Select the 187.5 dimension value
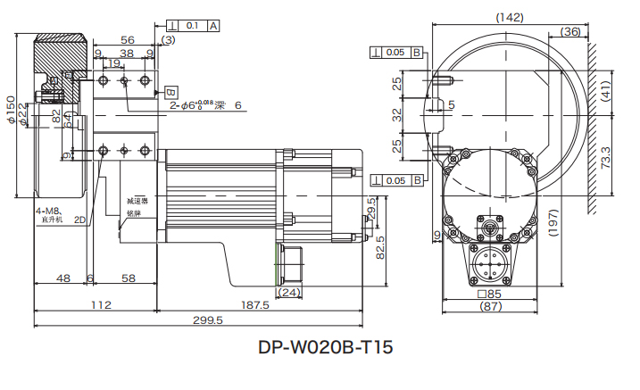coord(255,304)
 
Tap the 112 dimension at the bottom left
coord(100,304)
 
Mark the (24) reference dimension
coord(289,292)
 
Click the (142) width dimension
coord(509,17)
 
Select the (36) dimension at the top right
coord(570,31)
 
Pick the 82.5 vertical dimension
coord(379,245)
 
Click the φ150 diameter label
coord(12,110)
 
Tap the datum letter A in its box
coord(214,26)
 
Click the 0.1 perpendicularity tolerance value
coord(194,26)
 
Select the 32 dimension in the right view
coord(398,113)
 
